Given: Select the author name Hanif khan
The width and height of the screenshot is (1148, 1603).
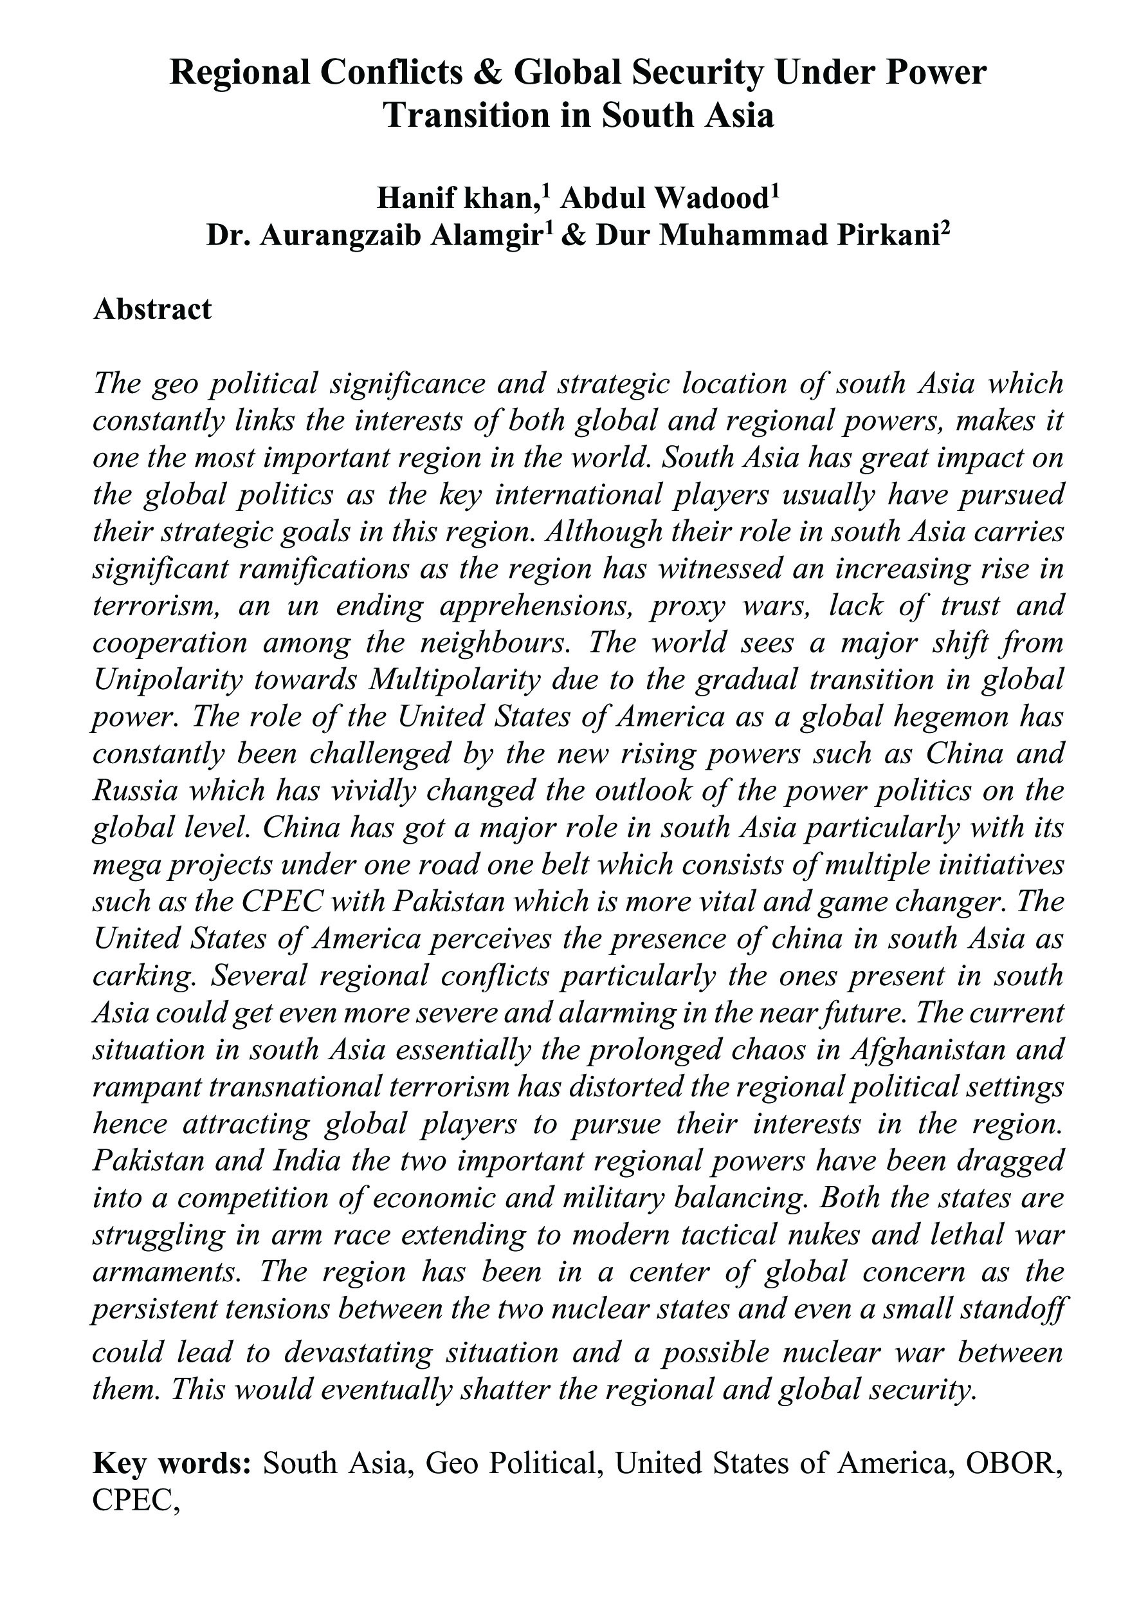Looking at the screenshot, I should [454, 199].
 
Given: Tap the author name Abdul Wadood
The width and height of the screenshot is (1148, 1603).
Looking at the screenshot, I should [662, 199].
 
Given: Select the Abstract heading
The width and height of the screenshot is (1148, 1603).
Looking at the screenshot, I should [152, 309].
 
